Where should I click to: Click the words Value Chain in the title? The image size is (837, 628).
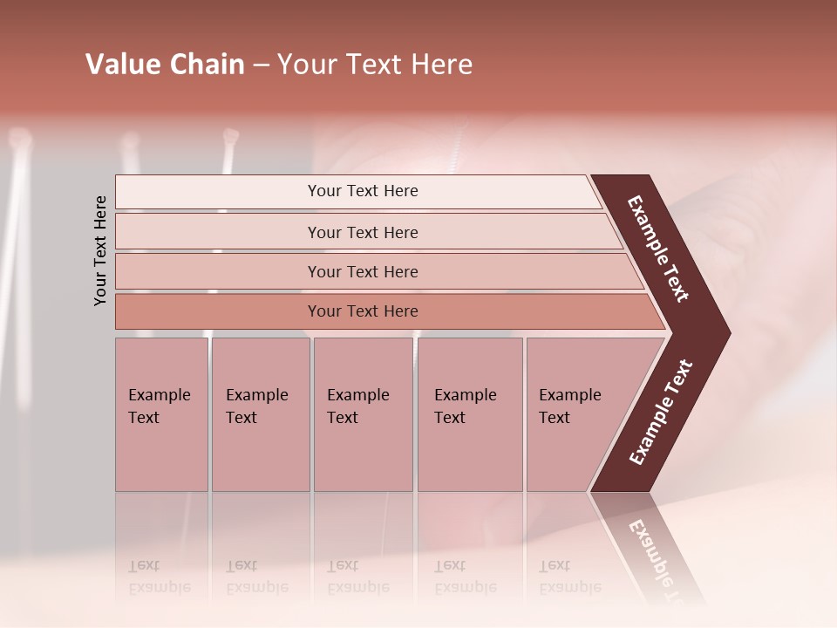coord(165,65)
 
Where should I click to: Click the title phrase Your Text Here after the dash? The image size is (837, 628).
coord(375,65)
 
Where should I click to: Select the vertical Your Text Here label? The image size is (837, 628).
coord(100,250)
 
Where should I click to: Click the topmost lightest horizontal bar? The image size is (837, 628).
coord(218,192)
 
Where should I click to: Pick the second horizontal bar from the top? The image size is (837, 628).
coord(218,232)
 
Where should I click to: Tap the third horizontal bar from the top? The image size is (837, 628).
coord(218,271)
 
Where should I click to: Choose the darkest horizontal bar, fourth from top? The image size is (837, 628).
coord(218,311)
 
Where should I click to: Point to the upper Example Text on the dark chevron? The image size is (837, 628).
coord(658,249)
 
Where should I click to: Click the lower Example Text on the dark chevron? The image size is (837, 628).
coord(661,413)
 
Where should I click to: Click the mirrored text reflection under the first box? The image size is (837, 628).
coord(160,577)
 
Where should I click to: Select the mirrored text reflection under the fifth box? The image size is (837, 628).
coord(569,577)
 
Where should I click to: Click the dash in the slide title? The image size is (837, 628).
coord(261,65)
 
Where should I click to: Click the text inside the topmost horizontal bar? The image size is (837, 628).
coord(363,191)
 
